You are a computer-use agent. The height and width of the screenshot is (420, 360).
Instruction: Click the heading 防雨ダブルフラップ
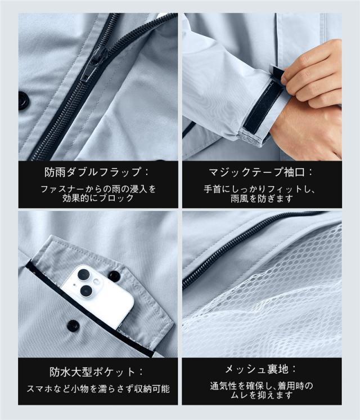click(93, 172)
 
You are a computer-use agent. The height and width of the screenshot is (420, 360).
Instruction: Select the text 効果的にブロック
click(98, 198)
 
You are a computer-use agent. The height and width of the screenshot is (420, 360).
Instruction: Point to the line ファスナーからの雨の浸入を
click(98, 189)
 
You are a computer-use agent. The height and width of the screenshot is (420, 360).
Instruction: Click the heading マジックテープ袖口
click(256, 172)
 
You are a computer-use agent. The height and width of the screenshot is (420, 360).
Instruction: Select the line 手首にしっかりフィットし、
click(259, 189)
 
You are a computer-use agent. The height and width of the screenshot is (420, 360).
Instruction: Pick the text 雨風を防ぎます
click(262, 199)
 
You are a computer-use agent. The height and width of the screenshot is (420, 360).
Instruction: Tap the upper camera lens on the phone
click(83, 275)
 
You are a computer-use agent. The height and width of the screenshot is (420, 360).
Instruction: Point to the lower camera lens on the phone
click(86, 291)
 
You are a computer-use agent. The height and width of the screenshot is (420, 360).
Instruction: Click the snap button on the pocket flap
click(114, 276)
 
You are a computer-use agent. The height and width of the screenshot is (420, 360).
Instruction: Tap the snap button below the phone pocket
click(72, 325)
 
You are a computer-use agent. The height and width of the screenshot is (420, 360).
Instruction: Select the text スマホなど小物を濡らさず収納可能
click(98, 388)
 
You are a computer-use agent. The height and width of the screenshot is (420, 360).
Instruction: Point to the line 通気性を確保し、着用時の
click(262, 386)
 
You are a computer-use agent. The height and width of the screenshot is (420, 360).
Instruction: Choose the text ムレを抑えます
click(262, 395)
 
